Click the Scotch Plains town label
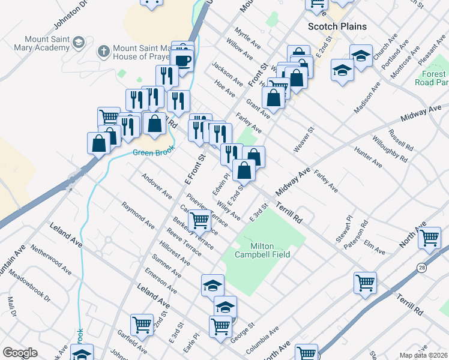tap(337, 26)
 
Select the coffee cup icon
tap(182, 61)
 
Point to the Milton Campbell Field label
tap(262, 250)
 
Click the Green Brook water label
tap(150, 152)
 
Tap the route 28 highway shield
tap(423, 268)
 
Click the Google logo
tap(20, 352)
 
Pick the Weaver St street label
tap(304, 139)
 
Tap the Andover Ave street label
tap(156, 187)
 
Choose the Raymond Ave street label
tap(137, 215)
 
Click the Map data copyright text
tap(424, 355)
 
